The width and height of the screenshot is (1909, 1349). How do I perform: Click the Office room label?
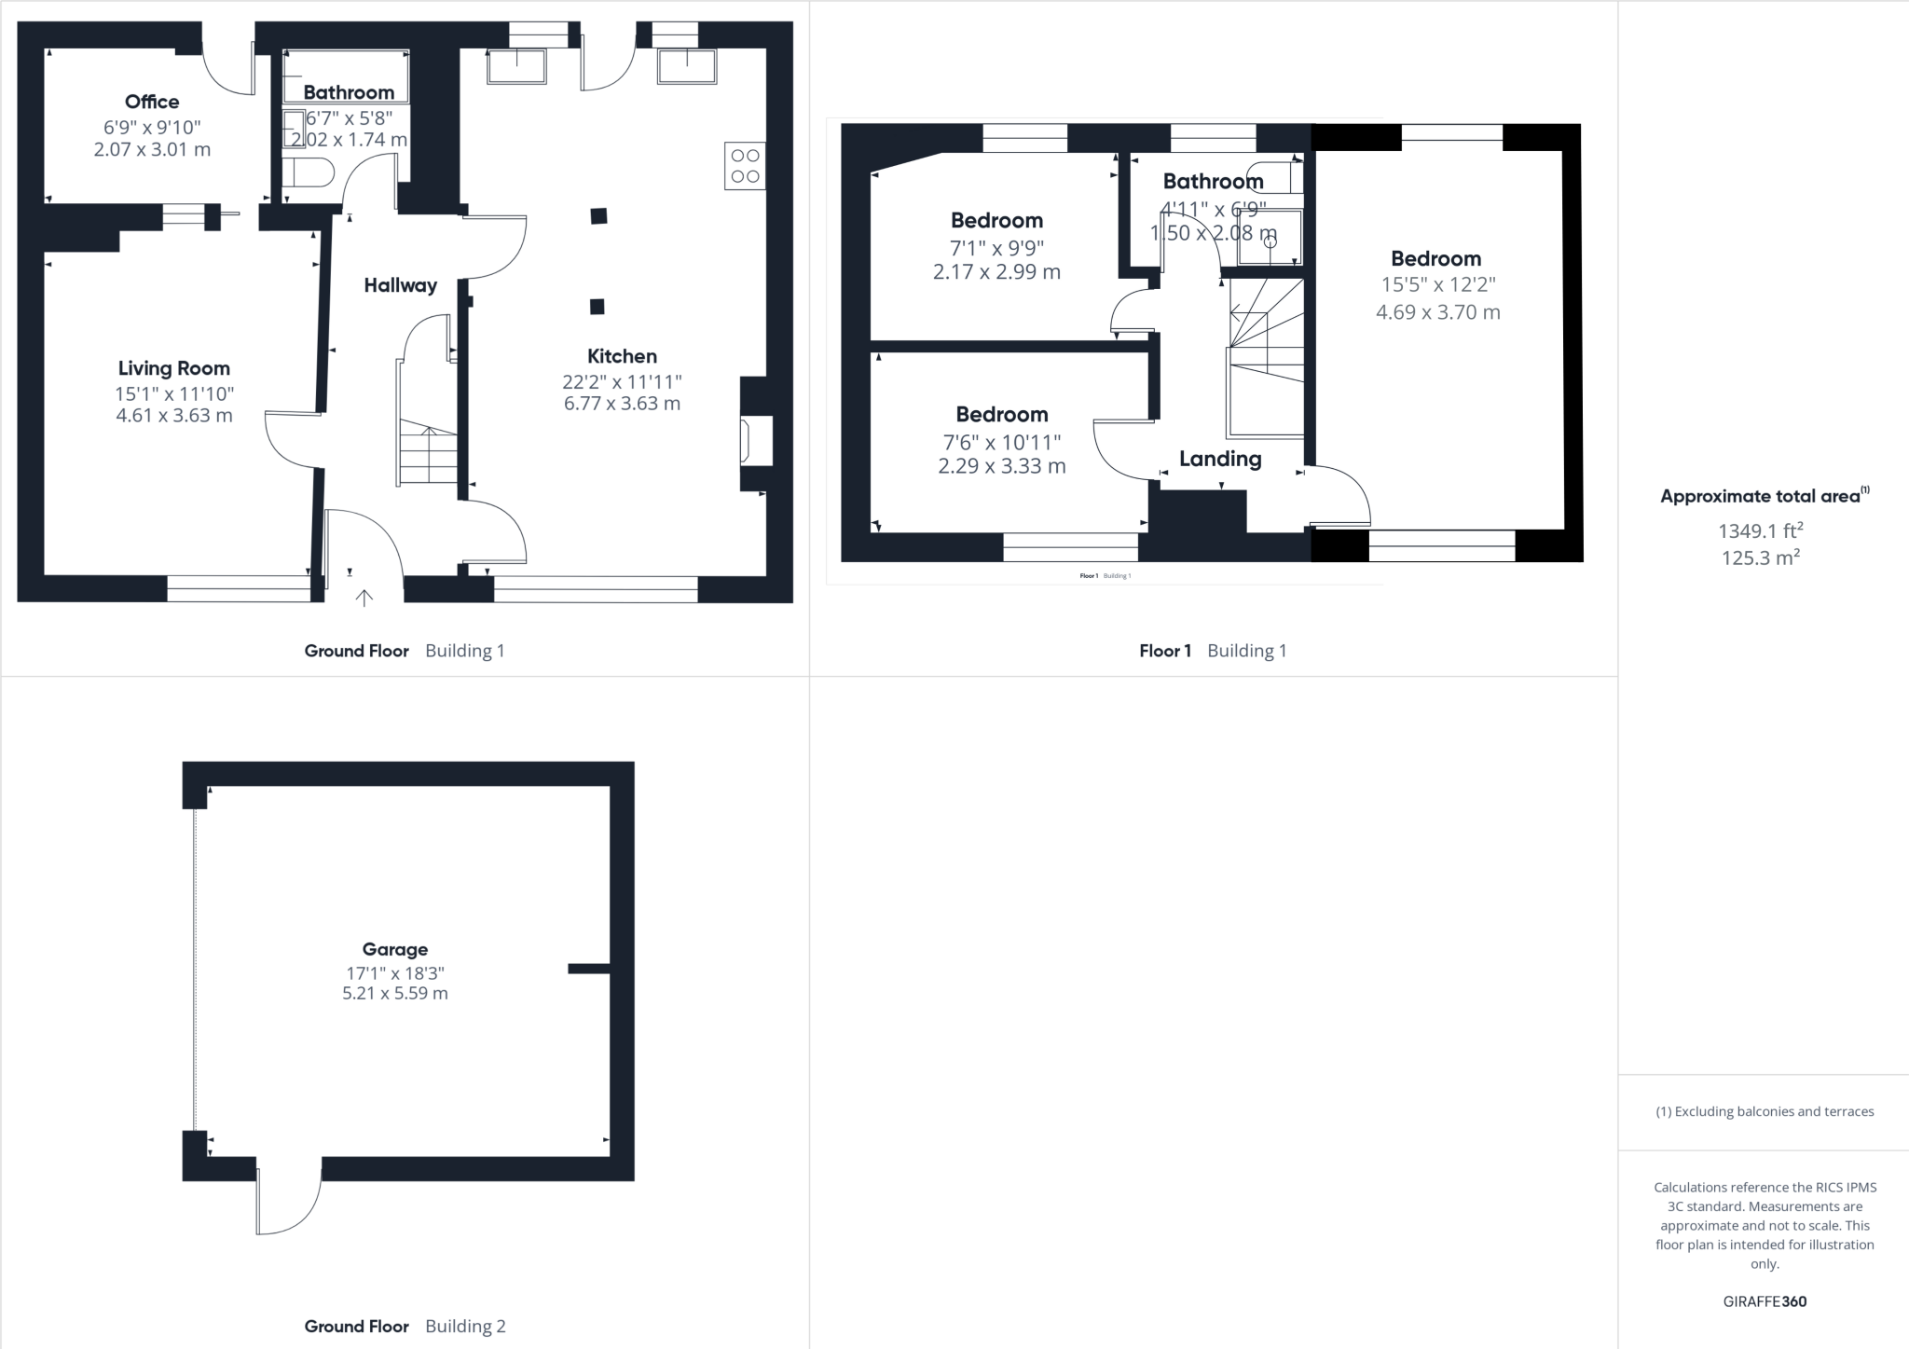click(152, 102)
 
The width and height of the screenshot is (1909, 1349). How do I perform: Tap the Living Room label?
click(173, 368)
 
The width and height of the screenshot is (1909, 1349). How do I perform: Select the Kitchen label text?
click(622, 356)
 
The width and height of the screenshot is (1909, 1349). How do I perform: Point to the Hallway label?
click(400, 285)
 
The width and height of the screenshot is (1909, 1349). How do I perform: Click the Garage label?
click(395, 949)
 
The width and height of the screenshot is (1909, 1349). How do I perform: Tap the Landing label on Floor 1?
click(1220, 459)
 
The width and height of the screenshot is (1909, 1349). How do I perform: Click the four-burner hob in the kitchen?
click(745, 166)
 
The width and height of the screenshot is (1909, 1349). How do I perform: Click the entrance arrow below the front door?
click(364, 598)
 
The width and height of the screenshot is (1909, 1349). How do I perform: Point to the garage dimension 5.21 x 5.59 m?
click(395, 994)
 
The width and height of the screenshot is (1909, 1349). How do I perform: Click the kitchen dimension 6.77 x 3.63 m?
click(622, 404)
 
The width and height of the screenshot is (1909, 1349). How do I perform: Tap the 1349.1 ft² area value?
click(1760, 531)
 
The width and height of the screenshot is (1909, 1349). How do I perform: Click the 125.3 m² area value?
click(1760, 558)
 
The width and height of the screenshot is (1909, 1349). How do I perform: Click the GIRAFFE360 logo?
click(1765, 1301)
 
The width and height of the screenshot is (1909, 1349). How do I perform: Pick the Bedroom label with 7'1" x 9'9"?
click(996, 221)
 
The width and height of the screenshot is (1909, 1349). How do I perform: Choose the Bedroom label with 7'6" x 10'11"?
click(1001, 415)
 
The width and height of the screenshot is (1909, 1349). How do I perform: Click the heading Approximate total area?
click(1760, 496)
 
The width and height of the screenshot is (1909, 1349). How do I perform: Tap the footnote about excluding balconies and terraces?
click(1765, 1111)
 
